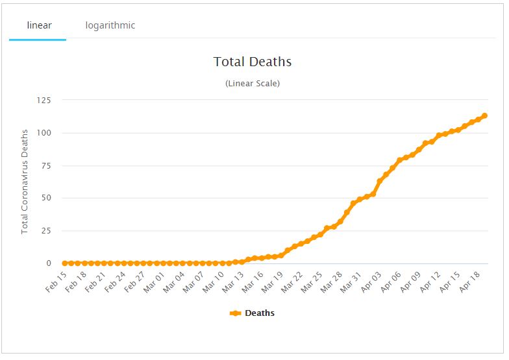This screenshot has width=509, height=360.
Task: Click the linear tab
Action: [x=39, y=25]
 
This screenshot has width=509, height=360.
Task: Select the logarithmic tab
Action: [x=110, y=25]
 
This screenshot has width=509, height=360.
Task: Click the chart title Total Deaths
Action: [x=253, y=62]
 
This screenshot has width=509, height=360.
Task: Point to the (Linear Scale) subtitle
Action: [x=253, y=84]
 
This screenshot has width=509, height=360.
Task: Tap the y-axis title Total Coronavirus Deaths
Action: [x=25, y=182]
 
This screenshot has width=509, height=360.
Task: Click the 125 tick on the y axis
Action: [x=43, y=100]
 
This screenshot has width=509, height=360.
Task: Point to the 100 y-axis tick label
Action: [x=43, y=133]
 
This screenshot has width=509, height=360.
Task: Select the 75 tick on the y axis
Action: [x=46, y=165]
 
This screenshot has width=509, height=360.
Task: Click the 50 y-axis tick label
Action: [x=46, y=198]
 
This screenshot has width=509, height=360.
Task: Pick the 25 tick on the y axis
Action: [x=46, y=231]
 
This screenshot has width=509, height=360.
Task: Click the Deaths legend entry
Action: [x=253, y=313]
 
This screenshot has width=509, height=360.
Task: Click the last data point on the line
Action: [x=484, y=116]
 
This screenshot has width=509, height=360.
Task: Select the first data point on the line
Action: [x=65, y=263]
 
